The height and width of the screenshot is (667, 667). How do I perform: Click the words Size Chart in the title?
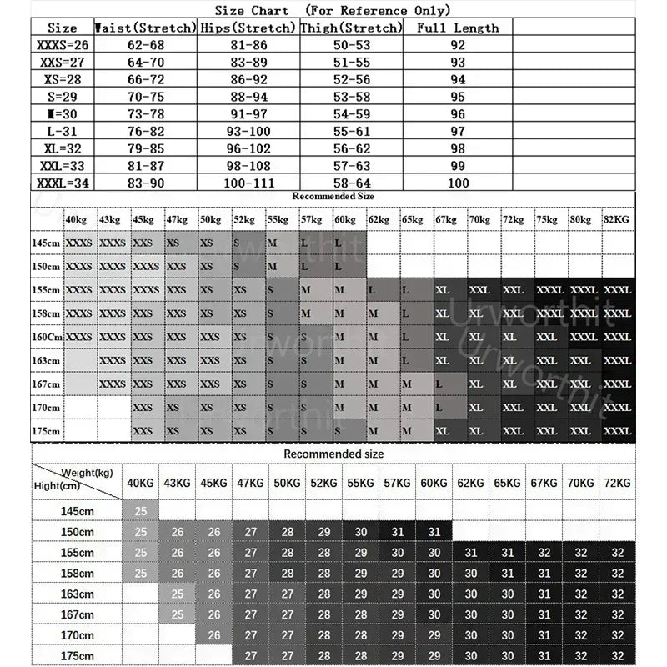pos(252,11)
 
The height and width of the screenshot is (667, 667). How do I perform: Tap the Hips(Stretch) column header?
pos(248,28)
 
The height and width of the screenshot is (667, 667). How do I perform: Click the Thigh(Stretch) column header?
pos(352,28)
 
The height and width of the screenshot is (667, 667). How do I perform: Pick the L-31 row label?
pos(63,131)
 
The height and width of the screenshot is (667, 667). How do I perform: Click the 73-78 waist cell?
pos(144,113)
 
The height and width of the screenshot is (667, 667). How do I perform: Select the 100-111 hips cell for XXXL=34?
pos(248,183)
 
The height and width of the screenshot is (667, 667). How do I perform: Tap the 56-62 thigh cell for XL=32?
pos(352,148)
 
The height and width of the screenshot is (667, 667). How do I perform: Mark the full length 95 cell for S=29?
pos(458,96)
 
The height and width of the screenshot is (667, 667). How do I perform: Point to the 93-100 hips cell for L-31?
pos(248,131)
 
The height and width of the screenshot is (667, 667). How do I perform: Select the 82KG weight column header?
pos(618,219)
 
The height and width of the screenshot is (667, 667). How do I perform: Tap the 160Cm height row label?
pos(48,336)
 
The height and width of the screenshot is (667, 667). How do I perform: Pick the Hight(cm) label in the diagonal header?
pos(57,485)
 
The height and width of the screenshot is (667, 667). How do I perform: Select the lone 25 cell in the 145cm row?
pos(141,509)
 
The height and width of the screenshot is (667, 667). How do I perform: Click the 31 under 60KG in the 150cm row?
pos(434,532)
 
